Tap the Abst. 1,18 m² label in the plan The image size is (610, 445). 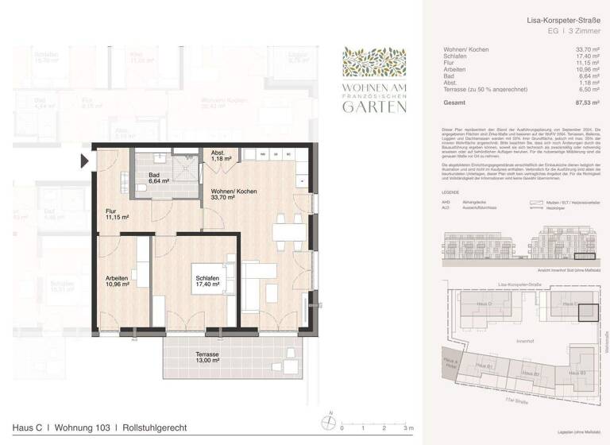pyautogui.click(x=221, y=157)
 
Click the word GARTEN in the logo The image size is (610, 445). pyautogui.click(x=373, y=108)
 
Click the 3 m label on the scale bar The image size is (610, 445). pyautogui.click(x=407, y=428)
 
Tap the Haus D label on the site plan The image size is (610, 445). pyautogui.click(x=484, y=304)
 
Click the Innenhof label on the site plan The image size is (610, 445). pyautogui.click(x=525, y=342)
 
